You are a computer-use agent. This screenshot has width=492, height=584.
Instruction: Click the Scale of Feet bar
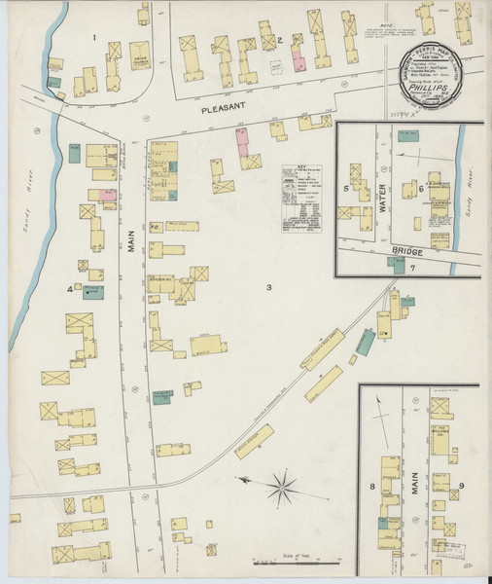[297, 561]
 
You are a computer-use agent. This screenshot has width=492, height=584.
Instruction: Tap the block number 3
[269, 287]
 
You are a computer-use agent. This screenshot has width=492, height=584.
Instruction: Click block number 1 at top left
[93, 37]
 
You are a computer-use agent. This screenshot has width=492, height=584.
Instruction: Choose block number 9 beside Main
[462, 485]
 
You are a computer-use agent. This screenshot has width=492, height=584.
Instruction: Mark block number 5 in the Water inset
[346, 186]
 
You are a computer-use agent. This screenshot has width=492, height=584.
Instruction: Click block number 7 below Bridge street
[412, 267]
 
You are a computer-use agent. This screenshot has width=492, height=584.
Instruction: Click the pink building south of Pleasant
[240, 139]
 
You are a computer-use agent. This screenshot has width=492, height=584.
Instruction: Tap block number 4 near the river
[69, 289]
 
